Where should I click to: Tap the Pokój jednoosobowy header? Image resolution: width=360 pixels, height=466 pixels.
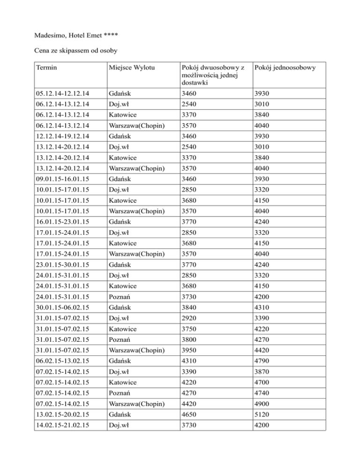[285, 68]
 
